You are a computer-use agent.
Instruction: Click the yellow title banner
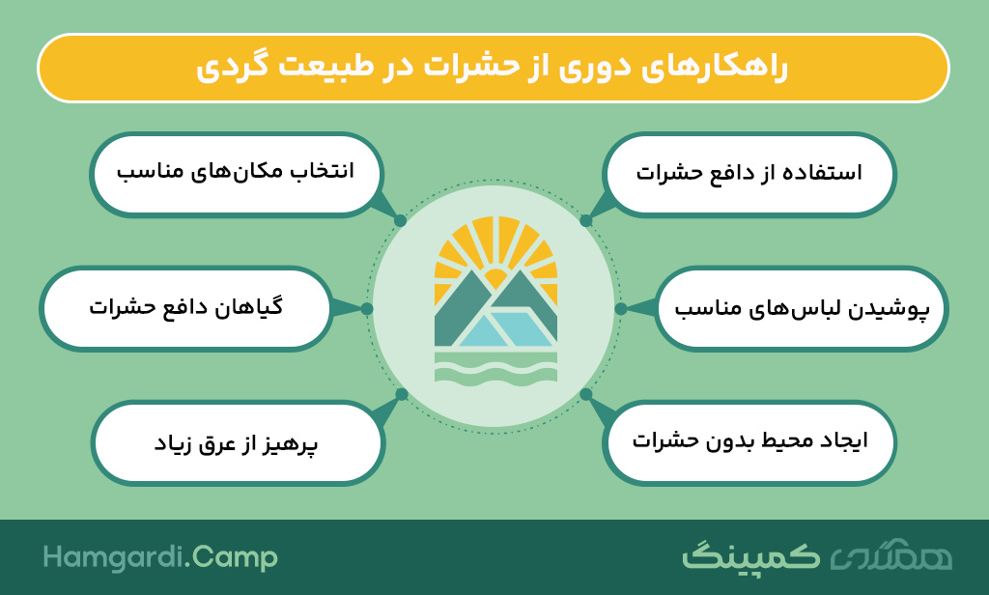click(494, 69)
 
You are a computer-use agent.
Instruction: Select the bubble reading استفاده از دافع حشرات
click(749, 174)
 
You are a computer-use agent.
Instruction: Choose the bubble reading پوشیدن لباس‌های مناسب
click(802, 308)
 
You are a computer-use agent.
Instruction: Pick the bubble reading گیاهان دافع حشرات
click(186, 308)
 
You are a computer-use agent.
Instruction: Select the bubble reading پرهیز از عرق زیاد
click(238, 443)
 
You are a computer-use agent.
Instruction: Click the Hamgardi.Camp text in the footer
click(160, 558)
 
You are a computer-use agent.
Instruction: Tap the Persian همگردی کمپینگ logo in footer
click(817, 555)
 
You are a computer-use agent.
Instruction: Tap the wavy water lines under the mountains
click(495, 367)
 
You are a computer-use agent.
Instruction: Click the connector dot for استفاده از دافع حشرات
click(586, 221)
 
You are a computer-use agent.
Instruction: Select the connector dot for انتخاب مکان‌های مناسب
click(400, 221)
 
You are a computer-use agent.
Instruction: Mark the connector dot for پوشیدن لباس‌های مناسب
click(621, 308)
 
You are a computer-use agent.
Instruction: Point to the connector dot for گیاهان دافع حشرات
click(366, 308)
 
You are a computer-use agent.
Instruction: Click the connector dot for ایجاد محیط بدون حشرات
click(586, 394)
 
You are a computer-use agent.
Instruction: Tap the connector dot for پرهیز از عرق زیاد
click(401, 394)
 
